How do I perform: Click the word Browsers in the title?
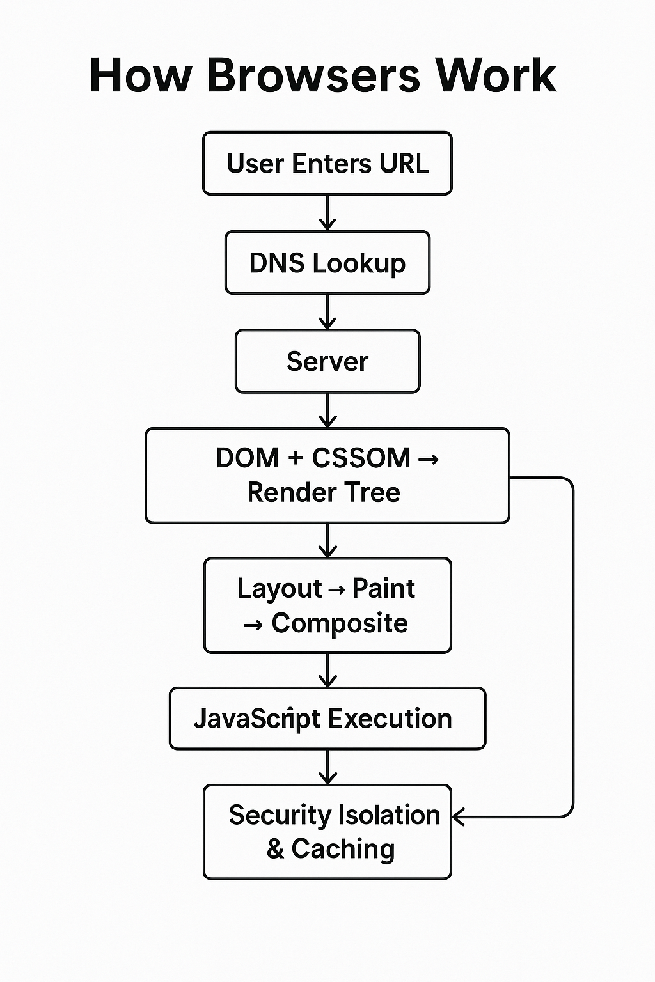click(313, 75)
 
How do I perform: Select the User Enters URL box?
click(327, 164)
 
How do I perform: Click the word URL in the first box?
click(404, 164)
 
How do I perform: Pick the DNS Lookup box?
click(327, 263)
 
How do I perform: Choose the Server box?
click(327, 361)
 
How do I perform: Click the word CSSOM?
click(361, 458)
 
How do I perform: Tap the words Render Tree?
click(324, 492)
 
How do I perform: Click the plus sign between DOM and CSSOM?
click(295, 458)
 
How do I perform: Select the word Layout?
click(280, 589)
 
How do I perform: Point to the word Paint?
click(383, 589)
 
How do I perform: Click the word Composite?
click(339, 623)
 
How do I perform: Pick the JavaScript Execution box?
click(327, 719)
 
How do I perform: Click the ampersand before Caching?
click(275, 849)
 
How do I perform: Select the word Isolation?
click(388, 815)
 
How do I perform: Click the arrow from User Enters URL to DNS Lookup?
click(327, 213)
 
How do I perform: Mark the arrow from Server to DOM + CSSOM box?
click(327, 410)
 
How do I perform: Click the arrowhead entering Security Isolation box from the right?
click(458, 816)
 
